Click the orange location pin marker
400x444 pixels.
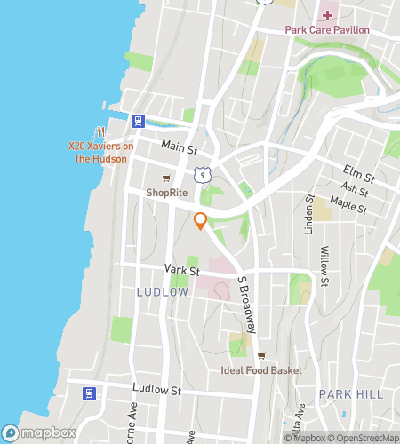tap(201, 221)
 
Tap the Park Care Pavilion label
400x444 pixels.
tap(326, 29)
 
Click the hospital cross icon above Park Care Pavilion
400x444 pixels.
tap(326, 14)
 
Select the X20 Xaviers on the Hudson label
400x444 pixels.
tap(101, 153)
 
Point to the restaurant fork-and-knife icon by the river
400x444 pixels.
tap(100, 132)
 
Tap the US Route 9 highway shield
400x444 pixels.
tap(204, 176)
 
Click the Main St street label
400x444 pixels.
tap(178, 145)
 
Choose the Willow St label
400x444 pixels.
tap(325, 266)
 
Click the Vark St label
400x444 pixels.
tap(180, 268)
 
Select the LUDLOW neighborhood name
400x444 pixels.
tap(162, 291)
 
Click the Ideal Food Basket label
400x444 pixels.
tap(261, 370)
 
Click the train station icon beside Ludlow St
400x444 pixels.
tap(89, 392)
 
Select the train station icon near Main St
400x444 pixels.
tap(138, 121)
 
